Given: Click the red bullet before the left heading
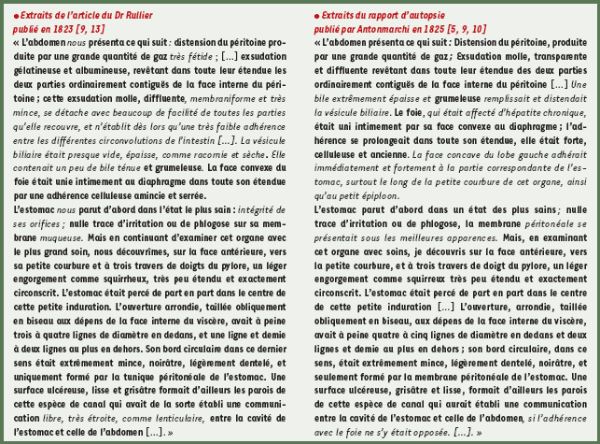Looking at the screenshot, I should (16, 16).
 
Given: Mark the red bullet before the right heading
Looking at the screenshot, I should (316, 16).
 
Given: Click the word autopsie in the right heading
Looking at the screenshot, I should (425, 16).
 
